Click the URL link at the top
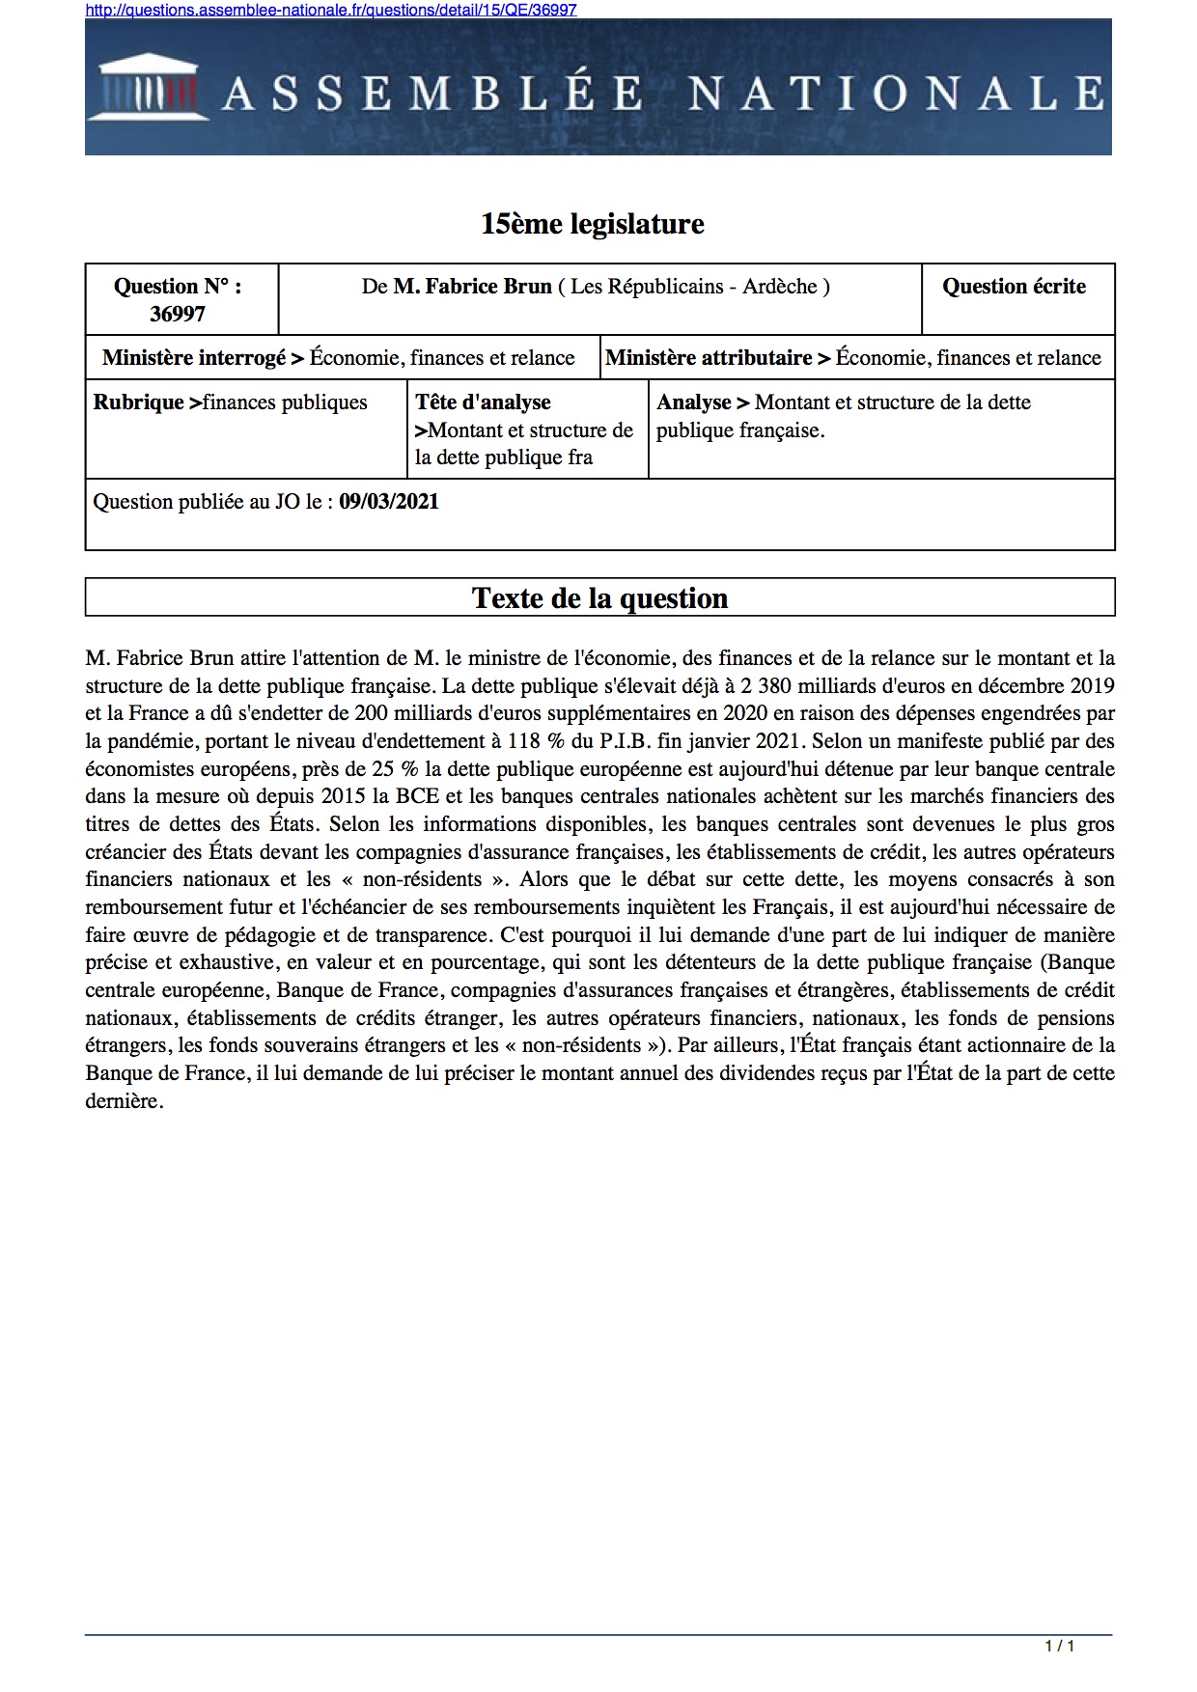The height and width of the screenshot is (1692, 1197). (x=331, y=10)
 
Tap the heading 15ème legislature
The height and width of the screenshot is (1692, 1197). (x=593, y=224)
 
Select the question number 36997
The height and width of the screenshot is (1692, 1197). (x=178, y=314)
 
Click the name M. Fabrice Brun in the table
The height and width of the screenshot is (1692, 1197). (x=473, y=287)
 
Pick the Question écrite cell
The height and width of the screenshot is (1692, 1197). (x=1014, y=287)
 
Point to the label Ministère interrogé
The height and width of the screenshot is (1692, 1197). (x=194, y=358)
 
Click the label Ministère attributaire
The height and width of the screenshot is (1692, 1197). (x=709, y=358)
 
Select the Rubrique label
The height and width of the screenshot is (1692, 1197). (x=138, y=402)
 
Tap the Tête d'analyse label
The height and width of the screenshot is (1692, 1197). (x=483, y=402)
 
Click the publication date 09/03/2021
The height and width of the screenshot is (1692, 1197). (x=389, y=502)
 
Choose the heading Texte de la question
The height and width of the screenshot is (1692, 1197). (x=599, y=598)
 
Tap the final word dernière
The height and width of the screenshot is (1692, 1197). (x=122, y=1101)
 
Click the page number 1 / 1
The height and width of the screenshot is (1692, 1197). (x=1059, y=1646)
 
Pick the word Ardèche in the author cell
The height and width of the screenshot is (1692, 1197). (x=779, y=287)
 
